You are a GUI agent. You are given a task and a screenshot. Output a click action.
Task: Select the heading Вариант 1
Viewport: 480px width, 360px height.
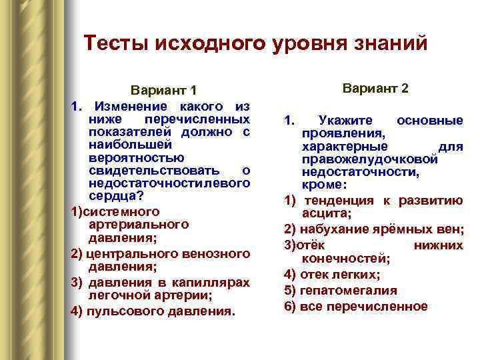164,91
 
